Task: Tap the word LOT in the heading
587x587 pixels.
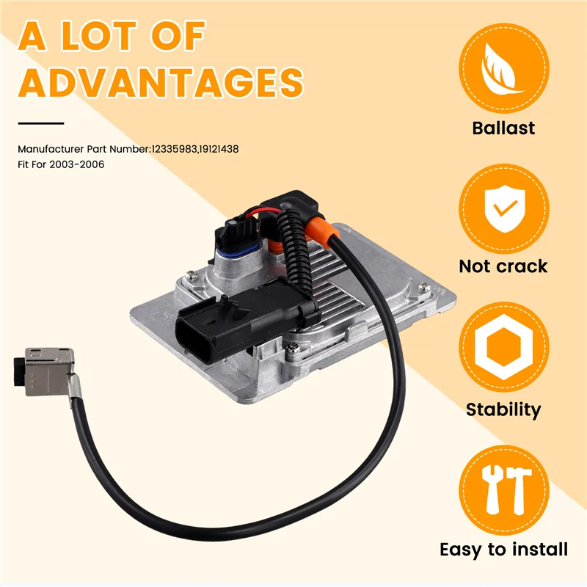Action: (x=118, y=35)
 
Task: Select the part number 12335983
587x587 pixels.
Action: (x=174, y=149)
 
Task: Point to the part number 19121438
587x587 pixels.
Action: (x=219, y=149)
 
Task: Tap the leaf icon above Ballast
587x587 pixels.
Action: (x=503, y=70)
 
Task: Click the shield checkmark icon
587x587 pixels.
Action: (x=503, y=208)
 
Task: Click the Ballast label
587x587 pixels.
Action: (x=503, y=128)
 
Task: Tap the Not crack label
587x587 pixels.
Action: (x=503, y=266)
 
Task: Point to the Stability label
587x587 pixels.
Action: (x=503, y=409)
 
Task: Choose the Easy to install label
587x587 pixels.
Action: (x=503, y=549)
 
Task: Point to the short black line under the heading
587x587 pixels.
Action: (x=41, y=123)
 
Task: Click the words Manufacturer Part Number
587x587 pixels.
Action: (x=84, y=149)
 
